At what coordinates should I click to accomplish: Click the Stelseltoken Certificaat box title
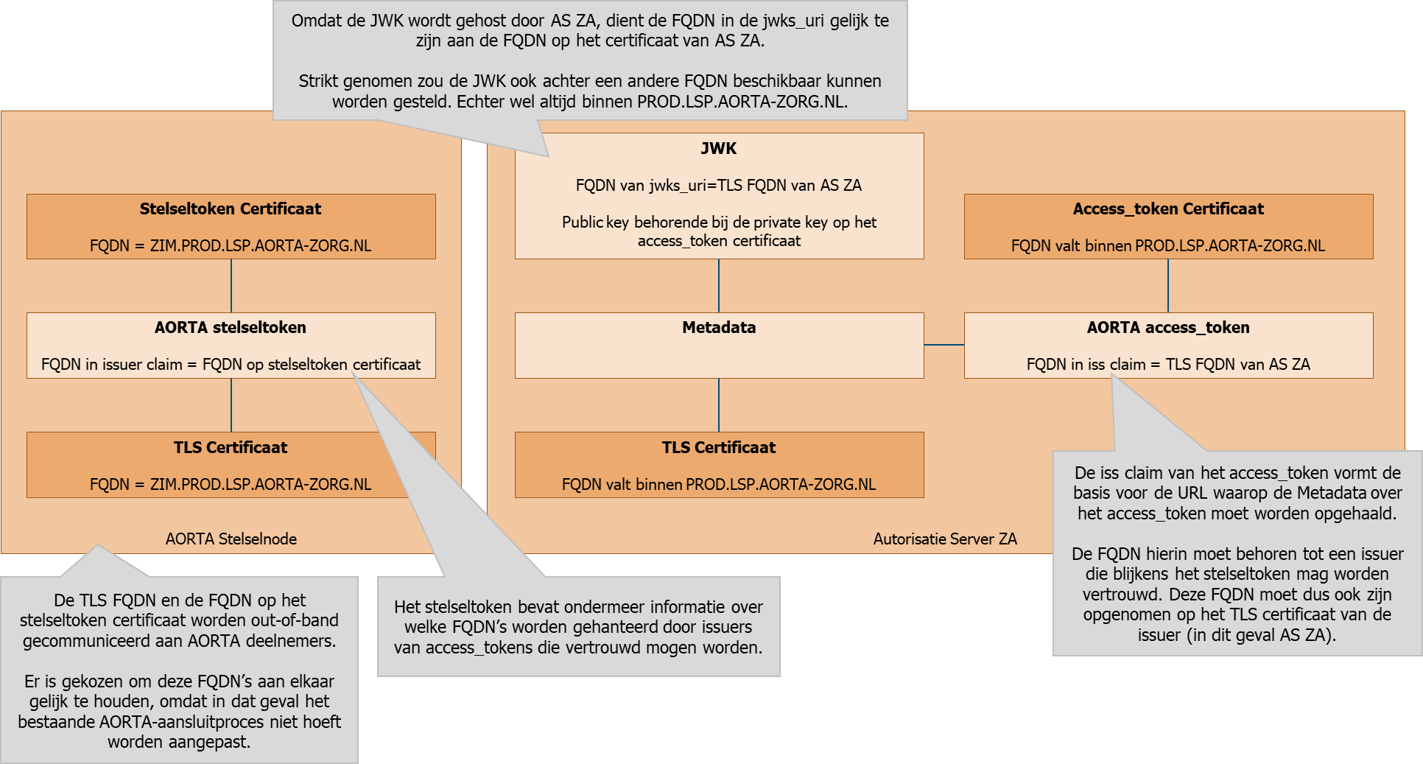[x=231, y=208]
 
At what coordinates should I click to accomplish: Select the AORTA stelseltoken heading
[x=231, y=327]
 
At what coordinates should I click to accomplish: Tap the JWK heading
[x=718, y=148]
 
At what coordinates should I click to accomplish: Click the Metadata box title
[x=719, y=327]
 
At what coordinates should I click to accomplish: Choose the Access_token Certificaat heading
[x=1168, y=208]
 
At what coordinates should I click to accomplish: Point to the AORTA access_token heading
[x=1168, y=327]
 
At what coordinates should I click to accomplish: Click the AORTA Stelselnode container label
[x=231, y=539]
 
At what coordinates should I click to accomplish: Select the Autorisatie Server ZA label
[x=945, y=539]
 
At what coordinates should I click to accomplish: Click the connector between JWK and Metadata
[x=719, y=286]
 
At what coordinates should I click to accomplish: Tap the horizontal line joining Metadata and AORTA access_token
[x=944, y=345]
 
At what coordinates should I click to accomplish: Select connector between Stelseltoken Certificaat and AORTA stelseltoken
[x=231, y=286]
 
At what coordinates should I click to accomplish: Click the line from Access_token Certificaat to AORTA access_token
[x=1168, y=286]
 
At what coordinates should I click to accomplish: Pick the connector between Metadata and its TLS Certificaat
[x=719, y=405]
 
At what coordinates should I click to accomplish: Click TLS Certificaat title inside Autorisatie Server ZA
[x=719, y=447]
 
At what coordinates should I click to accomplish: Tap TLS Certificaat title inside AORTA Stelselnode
[x=231, y=447]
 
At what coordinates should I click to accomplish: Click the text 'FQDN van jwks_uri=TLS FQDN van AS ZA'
[x=719, y=185]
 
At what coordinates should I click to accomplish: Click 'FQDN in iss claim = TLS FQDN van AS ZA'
[x=1168, y=364]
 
